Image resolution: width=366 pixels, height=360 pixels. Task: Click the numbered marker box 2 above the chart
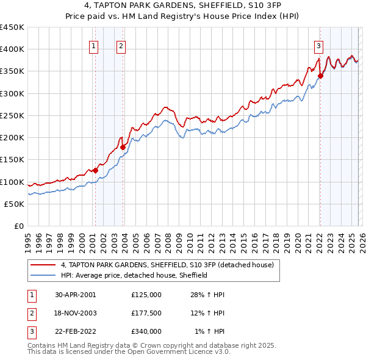click(x=121, y=45)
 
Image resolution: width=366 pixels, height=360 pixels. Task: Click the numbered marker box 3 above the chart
click(x=319, y=45)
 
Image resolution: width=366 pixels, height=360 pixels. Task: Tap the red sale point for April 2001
click(x=95, y=171)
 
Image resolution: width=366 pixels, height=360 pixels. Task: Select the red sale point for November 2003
click(x=123, y=147)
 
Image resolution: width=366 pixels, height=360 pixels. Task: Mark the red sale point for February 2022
click(x=320, y=76)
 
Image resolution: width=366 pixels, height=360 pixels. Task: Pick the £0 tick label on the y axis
click(x=18, y=226)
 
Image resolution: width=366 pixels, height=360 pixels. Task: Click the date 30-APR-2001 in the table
click(x=75, y=295)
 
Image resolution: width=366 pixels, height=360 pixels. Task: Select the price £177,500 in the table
click(x=146, y=313)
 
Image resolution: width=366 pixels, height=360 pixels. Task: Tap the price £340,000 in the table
click(x=146, y=331)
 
